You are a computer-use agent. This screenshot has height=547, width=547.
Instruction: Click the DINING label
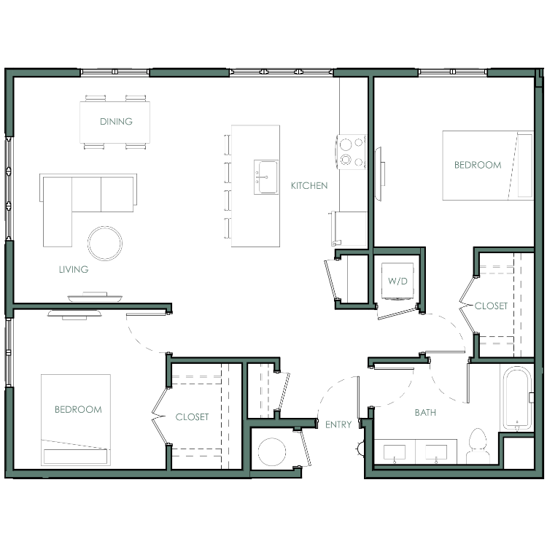tap(116, 121)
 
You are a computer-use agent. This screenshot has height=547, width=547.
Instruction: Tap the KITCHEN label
tap(309, 185)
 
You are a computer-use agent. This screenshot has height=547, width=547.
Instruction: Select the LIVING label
tap(74, 269)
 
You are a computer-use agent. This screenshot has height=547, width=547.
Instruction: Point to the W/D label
tap(397, 281)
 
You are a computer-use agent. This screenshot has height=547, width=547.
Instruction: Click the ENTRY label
tap(338, 424)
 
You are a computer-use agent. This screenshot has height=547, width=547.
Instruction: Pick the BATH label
tap(425, 413)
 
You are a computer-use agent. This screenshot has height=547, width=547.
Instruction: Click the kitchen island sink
tap(266, 177)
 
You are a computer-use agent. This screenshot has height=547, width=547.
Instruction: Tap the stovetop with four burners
tap(352, 152)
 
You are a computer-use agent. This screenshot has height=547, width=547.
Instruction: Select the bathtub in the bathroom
tap(517, 398)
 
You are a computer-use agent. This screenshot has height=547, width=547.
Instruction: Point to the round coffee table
tap(105, 243)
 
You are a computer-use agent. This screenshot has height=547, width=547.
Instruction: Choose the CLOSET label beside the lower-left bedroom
tap(193, 417)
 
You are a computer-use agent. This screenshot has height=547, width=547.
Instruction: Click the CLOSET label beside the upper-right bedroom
tap(491, 306)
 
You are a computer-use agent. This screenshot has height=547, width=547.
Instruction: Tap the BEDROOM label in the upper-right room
tap(478, 165)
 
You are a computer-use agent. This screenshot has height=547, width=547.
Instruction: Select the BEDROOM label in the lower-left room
tap(79, 410)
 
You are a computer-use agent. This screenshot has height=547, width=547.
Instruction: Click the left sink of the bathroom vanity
tap(395, 453)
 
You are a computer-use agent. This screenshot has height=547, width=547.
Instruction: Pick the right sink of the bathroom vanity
tap(436, 453)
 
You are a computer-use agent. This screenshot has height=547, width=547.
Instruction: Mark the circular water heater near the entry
tap(272, 451)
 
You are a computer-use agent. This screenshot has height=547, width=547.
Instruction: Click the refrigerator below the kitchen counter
tap(349, 228)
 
